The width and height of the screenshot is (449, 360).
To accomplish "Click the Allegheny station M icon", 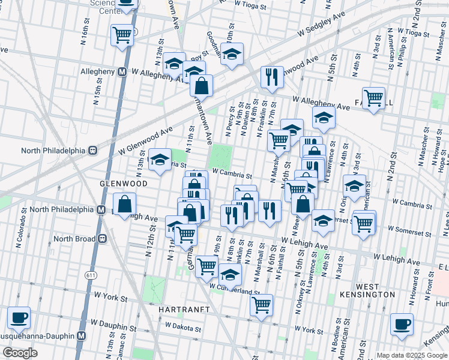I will pos(122,71).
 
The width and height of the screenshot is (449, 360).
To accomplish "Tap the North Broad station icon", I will pos(103,239).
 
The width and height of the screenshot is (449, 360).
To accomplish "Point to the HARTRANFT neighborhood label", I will pos(183,308).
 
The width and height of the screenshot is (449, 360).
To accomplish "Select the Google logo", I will pos(20,353).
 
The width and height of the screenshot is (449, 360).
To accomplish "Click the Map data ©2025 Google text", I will pos(411,355).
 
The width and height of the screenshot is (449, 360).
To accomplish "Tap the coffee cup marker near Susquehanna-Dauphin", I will pos(19,317).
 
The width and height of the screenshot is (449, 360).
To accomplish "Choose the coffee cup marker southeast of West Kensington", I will pos(402,324).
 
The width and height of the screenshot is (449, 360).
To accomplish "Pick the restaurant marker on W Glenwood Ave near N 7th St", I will pos(272,77).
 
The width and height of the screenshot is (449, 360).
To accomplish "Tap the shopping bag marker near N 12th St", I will pos(124,203).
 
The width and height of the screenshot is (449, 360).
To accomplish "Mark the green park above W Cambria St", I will pos(221,157).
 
